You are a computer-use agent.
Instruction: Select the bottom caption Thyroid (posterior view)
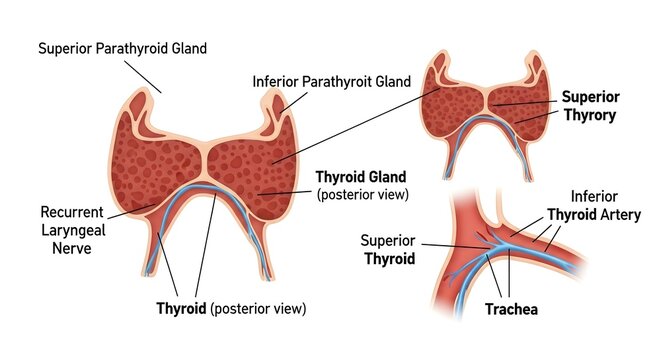[230, 306]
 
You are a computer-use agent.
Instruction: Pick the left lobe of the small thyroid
[453, 113]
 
